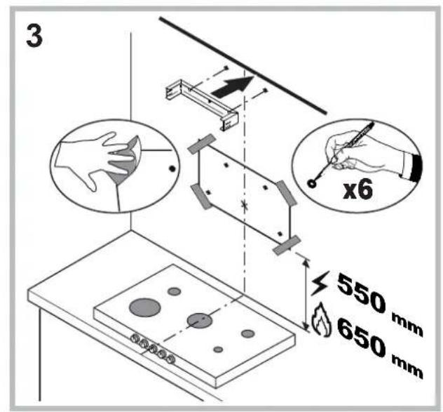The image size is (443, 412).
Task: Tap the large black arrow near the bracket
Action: pos(229,88)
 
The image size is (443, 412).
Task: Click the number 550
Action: pos(363,288)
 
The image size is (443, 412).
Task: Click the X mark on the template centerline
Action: pos(243,206)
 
